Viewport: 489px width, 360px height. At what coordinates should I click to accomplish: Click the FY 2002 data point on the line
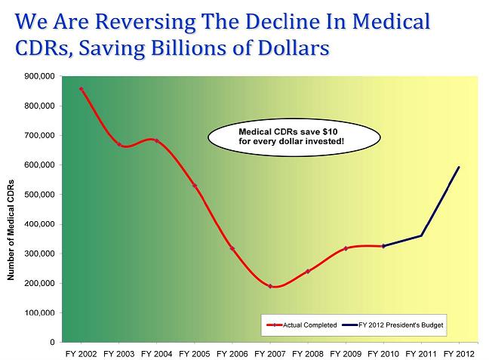[81, 89]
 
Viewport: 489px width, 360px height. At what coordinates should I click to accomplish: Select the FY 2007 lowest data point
[269, 286]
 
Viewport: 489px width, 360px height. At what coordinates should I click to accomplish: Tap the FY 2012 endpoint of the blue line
[459, 168]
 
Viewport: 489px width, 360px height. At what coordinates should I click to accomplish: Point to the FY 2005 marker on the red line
[194, 185]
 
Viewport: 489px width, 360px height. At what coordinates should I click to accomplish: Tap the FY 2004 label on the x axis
[156, 353]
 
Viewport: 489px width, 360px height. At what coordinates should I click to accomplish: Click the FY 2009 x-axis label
[345, 353]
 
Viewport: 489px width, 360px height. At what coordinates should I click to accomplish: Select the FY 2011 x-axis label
[420, 353]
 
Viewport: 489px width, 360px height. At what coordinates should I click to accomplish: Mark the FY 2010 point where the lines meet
[383, 246]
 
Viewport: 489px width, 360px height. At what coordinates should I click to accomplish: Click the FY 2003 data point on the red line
[118, 144]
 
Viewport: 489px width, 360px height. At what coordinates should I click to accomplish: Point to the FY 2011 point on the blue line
[420, 235]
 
